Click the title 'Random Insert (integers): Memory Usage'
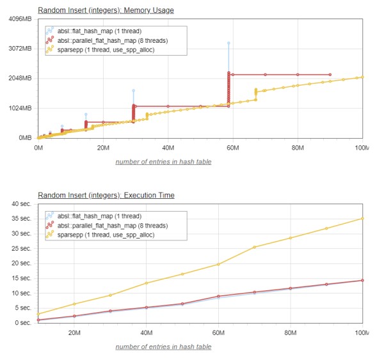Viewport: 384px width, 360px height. tap(106, 10)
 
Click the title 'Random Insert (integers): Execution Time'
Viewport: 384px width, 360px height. tap(106, 195)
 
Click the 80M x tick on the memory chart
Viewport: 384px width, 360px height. tap(298, 148)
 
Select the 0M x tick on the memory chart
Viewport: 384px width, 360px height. tap(38, 148)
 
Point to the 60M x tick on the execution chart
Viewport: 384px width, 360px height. tap(218, 333)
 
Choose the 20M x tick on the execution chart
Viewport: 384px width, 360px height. tap(74, 333)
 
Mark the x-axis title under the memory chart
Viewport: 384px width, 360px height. tap(163, 162)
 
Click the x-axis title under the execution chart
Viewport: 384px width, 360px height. tap(163, 347)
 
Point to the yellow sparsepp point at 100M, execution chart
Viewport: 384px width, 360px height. tap(362, 219)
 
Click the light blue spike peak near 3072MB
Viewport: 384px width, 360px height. tap(228, 43)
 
